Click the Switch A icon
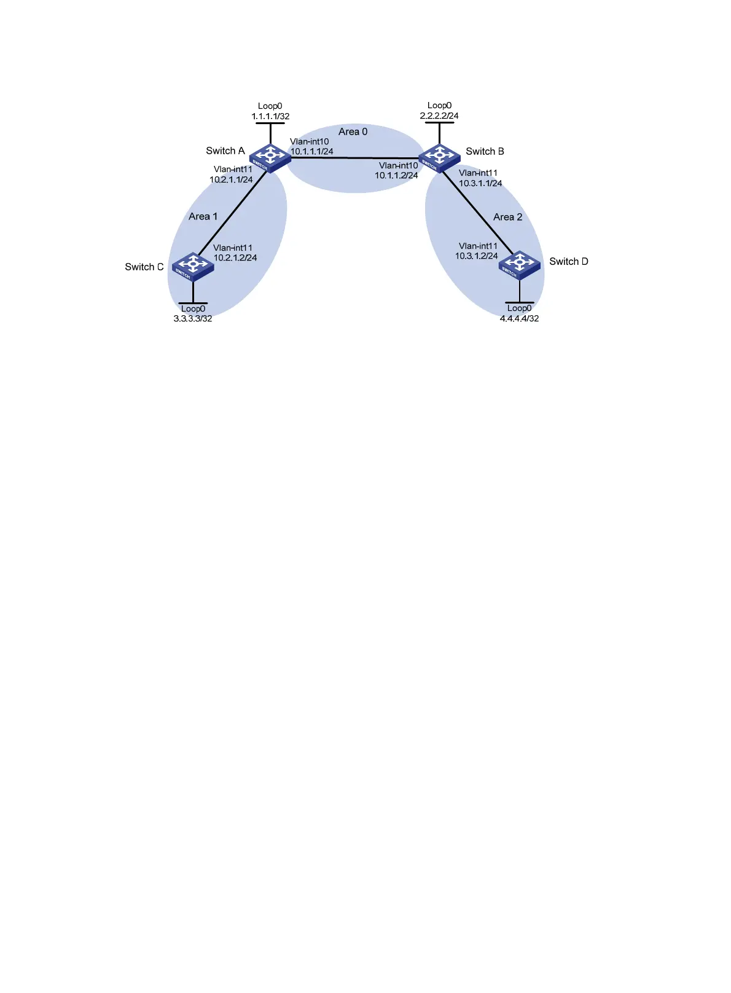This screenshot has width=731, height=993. [270, 157]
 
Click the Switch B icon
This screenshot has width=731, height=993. [439, 157]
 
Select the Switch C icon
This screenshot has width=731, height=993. [193, 266]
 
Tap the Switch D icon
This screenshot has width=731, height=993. [520, 265]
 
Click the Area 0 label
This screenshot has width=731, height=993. [353, 131]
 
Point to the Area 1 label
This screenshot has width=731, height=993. [203, 216]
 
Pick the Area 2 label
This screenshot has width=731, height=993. [507, 217]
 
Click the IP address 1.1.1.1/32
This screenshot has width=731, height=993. [270, 116]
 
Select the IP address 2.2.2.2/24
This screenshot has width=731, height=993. [439, 116]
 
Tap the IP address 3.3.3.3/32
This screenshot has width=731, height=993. [193, 318]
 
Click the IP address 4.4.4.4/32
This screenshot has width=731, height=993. [519, 318]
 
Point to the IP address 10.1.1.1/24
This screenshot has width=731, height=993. [311, 151]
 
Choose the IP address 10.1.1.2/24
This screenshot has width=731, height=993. [396, 175]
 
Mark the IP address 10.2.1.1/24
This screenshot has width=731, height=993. [231, 179]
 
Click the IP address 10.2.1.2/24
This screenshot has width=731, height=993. [235, 257]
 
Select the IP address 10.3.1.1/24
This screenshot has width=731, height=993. [480, 183]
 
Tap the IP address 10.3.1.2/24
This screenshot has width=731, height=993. [477, 256]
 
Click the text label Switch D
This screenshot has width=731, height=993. [568, 262]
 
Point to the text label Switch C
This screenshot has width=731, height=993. [144, 267]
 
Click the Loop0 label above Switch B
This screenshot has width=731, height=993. [439, 106]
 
